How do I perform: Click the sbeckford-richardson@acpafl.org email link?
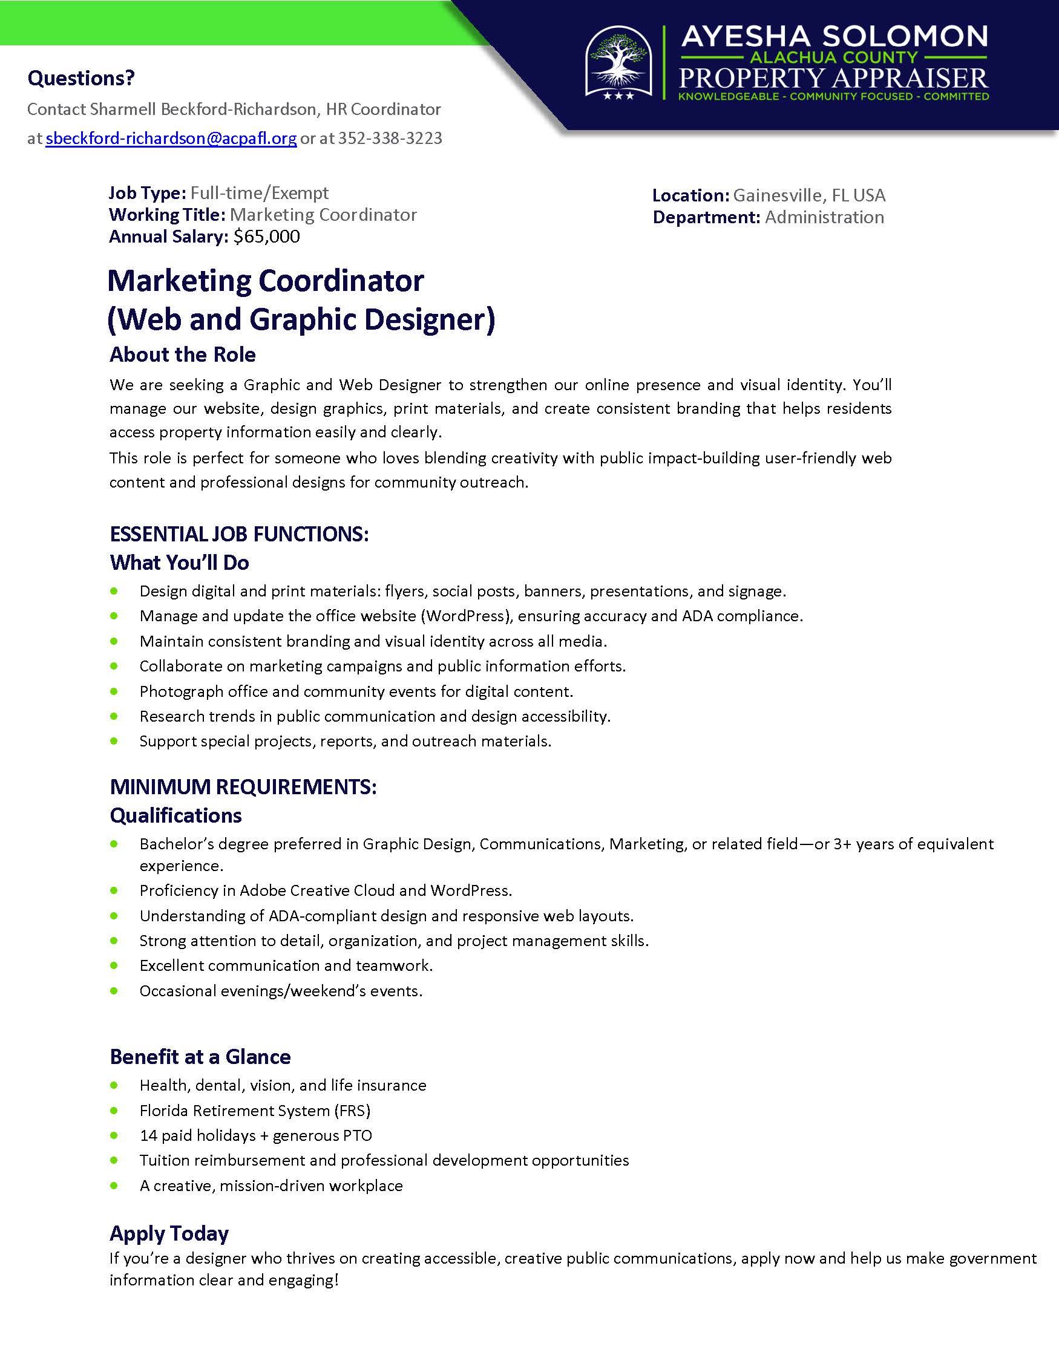(x=171, y=139)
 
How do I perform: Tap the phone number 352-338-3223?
(x=390, y=139)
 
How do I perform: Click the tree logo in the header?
(x=619, y=59)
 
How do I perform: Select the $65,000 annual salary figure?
(x=267, y=237)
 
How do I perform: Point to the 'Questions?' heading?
(x=81, y=79)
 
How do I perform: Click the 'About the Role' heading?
(x=183, y=354)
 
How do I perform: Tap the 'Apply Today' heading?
(x=169, y=1233)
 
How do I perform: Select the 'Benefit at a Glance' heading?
(x=200, y=1057)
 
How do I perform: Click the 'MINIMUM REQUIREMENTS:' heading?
(x=243, y=787)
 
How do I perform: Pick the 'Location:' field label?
(x=690, y=195)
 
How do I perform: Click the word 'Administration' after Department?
(x=824, y=218)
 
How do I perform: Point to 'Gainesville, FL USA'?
(x=809, y=195)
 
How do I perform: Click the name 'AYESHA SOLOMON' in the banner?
(x=834, y=37)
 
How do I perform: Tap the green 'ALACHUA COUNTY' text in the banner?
(x=834, y=58)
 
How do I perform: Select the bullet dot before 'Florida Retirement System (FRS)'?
(x=114, y=1111)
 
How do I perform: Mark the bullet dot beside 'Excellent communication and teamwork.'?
(x=114, y=965)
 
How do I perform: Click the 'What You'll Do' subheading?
(x=180, y=563)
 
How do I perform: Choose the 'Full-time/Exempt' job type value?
(x=259, y=193)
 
